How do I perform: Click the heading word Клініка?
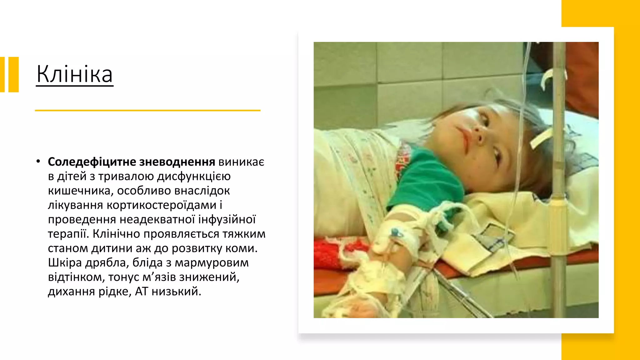[x=75, y=74]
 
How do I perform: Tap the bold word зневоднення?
[x=177, y=162]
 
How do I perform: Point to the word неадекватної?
[x=157, y=219]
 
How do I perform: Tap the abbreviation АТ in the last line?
[x=142, y=291]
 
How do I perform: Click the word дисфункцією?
[x=193, y=176]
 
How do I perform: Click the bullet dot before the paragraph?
[x=38, y=161]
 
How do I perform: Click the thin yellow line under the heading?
[x=147, y=110]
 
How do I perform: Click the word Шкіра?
[x=65, y=262]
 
